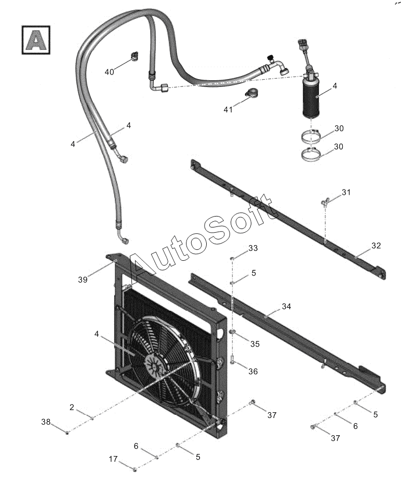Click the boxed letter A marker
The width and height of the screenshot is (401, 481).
click(x=36, y=40)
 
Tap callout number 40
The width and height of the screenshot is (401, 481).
click(x=109, y=72)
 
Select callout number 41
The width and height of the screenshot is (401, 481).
click(x=229, y=109)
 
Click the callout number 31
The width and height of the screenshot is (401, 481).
click(x=346, y=192)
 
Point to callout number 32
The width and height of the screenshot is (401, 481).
click(x=376, y=245)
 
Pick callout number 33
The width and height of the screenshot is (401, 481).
click(x=253, y=248)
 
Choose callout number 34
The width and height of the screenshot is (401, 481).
click(x=287, y=306)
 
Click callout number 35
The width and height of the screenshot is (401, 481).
click(x=255, y=344)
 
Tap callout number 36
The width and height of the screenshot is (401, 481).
click(x=253, y=372)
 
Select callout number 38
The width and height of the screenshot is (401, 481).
click(x=46, y=422)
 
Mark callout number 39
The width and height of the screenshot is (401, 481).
click(x=83, y=280)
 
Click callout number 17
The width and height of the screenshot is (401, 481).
click(x=113, y=459)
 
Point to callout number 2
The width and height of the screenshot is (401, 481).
click(x=72, y=408)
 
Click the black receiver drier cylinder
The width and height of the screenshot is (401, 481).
click(x=311, y=97)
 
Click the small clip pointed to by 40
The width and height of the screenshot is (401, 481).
click(x=134, y=56)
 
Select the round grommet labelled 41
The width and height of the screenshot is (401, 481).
click(x=251, y=93)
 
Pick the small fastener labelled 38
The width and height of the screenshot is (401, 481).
click(x=68, y=433)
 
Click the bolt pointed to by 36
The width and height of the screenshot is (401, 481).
click(x=233, y=359)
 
